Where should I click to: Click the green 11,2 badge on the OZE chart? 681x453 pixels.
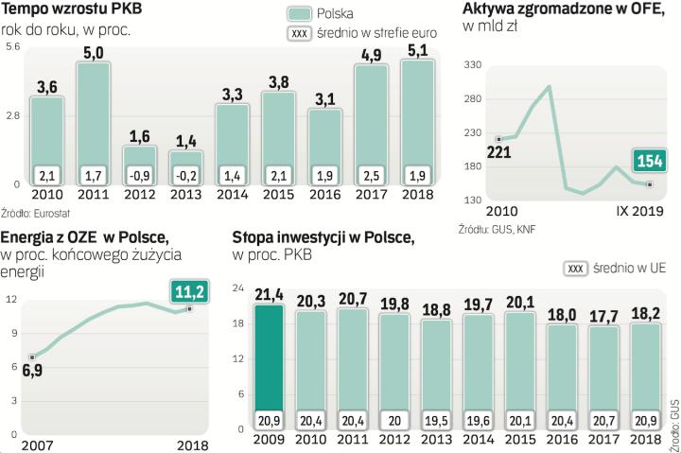tap(189, 290)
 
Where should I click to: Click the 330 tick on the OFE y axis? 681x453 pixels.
tap(472, 63)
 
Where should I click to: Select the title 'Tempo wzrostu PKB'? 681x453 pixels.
tap(61, 9)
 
